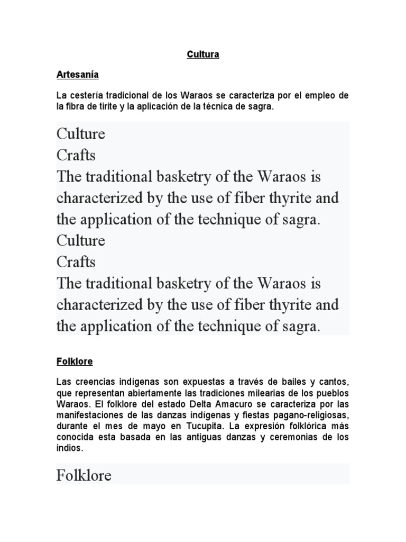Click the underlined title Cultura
pyautogui.click(x=203, y=55)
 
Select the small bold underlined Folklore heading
pyautogui.click(x=75, y=362)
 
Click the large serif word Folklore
pyautogui.click(x=84, y=475)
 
